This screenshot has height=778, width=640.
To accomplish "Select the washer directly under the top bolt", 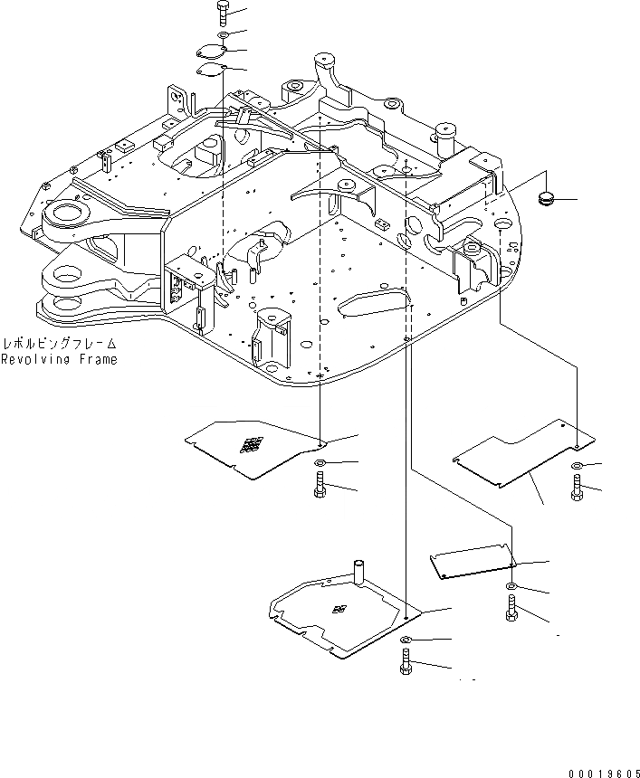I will click(224, 36).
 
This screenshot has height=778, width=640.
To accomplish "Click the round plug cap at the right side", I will click(546, 197).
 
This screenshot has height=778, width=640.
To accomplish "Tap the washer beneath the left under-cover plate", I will click(320, 464).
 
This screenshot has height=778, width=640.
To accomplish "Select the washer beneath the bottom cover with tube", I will click(405, 641).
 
